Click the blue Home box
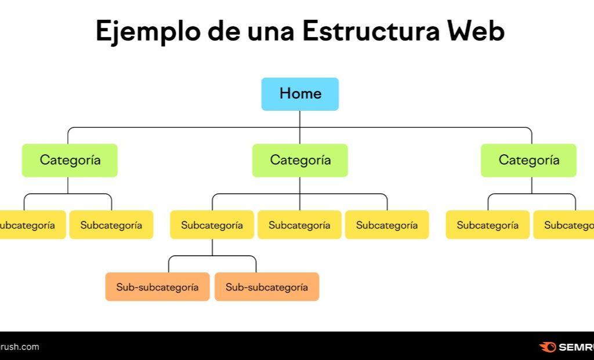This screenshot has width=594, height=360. click(300, 94)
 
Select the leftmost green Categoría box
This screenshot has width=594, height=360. click(70, 160)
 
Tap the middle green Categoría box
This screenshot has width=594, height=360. click(300, 160)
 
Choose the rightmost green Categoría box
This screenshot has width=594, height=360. click(528, 160)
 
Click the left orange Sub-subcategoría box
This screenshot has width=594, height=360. click(157, 287)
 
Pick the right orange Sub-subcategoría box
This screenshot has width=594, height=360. click(267, 287)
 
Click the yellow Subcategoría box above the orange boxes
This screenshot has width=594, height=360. click(212, 225)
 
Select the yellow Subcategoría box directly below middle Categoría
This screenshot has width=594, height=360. click(299, 225)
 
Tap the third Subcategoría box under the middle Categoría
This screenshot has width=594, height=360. click(387, 225)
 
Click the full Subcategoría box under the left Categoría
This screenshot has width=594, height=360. click(111, 225)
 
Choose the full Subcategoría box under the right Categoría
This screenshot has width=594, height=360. click(487, 225)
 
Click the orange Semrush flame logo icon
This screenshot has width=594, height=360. click(547, 347)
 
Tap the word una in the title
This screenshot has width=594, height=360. click(270, 31)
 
